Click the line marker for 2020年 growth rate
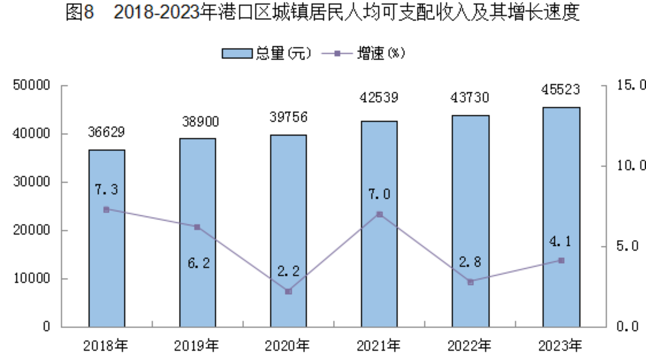tap(289, 291)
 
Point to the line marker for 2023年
tap(561, 261)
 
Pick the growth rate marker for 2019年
tap(197, 227)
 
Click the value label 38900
tap(200, 122)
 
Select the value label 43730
tap(470, 98)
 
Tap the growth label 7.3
tap(107, 189)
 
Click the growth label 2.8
tap(470, 262)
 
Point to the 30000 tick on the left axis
tap(32, 182)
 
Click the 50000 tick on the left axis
tap(32, 85)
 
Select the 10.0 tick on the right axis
tap(631, 166)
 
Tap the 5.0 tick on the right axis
tap(628, 246)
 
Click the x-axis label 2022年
tap(469, 346)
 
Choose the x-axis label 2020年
tap(287, 346)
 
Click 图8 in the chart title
tap(80, 12)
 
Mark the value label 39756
tap(289, 117)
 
